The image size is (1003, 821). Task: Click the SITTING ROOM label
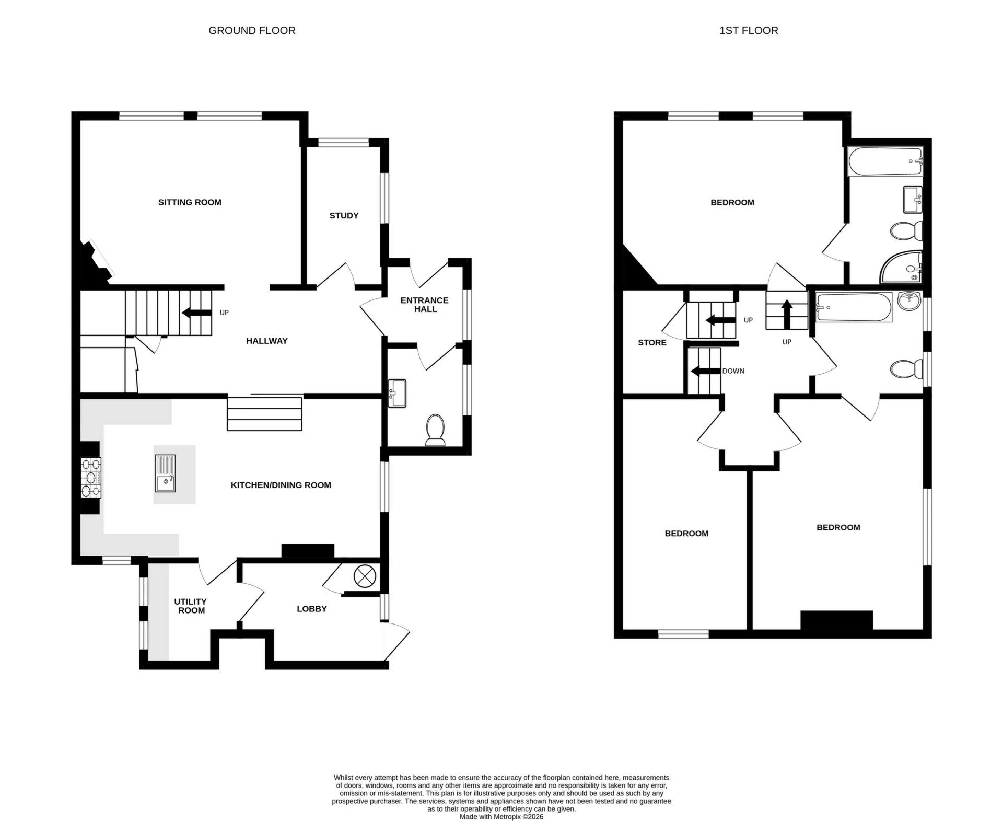[x=190, y=202]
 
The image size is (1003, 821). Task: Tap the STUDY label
[x=344, y=215]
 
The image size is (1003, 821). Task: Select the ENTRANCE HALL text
[x=425, y=304]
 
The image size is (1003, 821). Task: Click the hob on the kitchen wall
[x=90, y=477]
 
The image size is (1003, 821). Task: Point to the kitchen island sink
[x=166, y=473]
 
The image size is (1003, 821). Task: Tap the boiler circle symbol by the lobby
[x=365, y=576]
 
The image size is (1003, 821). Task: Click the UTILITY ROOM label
[x=191, y=606]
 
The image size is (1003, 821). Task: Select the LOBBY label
[x=312, y=609]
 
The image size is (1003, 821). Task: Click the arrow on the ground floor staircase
[x=196, y=313]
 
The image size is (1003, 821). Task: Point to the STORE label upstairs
[x=652, y=342]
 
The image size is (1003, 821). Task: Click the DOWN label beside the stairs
[x=733, y=371]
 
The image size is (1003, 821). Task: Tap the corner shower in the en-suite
[x=902, y=268]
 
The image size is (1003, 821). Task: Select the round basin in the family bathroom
[x=909, y=300]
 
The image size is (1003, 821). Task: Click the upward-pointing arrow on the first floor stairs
[x=787, y=314]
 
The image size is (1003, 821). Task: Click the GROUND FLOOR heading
[x=252, y=31]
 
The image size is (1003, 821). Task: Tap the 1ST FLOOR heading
[x=748, y=31]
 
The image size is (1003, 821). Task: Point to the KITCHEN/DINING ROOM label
[x=281, y=485]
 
